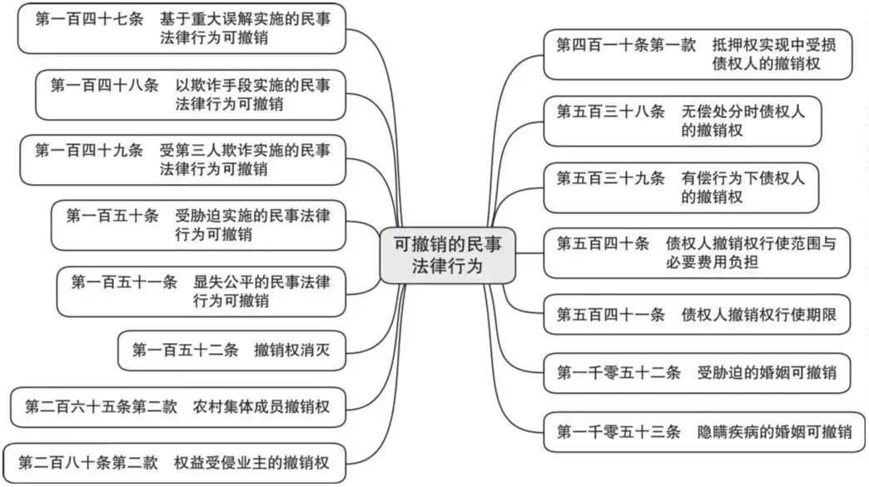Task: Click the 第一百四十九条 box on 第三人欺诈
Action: [182, 160]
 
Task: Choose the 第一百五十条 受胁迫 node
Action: [198, 225]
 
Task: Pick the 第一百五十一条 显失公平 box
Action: [201, 291]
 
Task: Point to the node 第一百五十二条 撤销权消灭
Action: [231, 350]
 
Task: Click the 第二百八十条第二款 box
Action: [174, 463]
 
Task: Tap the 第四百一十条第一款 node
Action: [698, 54]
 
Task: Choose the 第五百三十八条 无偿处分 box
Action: [682, 121]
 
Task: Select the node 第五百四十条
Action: [697, 253]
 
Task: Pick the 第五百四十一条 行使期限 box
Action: [697, 315]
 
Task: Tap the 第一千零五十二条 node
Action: [697, 372]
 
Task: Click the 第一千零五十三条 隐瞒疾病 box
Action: [703, 431]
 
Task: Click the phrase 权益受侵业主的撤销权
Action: [251, 463]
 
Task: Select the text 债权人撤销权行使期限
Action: [758, 315]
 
